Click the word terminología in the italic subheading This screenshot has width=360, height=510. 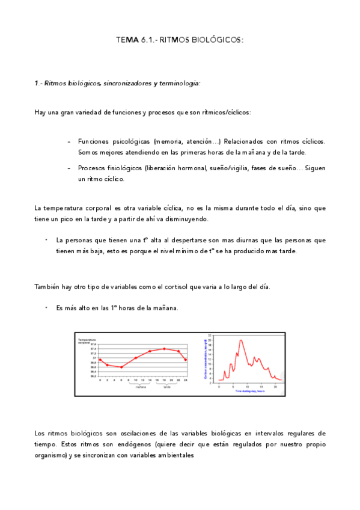177,83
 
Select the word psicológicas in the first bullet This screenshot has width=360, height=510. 132,141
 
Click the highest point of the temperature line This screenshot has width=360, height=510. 164,348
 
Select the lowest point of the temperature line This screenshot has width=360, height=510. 121,367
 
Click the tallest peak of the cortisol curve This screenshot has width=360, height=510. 240,340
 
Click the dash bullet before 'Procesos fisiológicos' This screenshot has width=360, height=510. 70,168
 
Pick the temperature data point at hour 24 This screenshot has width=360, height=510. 186,360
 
